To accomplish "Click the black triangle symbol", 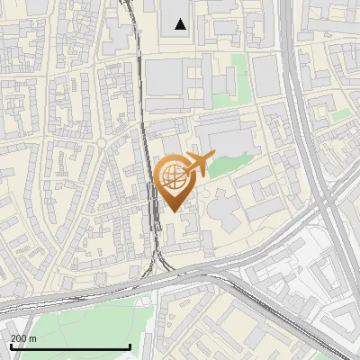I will pos(181,24).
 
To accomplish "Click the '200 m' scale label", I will pos(24,338).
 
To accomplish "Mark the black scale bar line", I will pos(70,346).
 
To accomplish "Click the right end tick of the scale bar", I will pos(130,346).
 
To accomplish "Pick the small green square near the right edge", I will pos(341,115).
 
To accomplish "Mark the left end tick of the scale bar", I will pos(10,346).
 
